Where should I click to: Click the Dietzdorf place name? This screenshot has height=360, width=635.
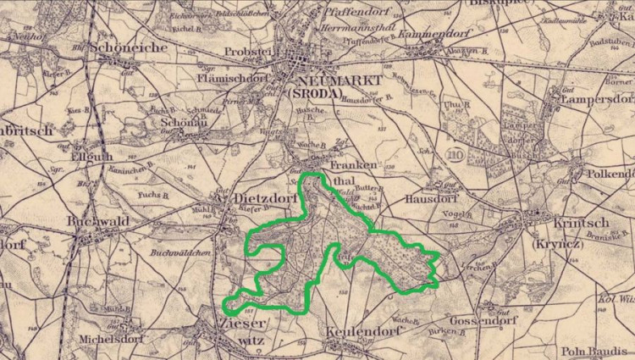262,199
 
